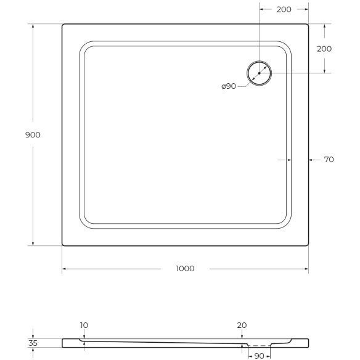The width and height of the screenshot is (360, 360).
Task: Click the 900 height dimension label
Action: [x=33, y=135]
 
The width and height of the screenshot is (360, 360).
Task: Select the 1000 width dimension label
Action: [x=185, y=268]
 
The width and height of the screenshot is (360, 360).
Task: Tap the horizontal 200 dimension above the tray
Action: [x=284, y=10]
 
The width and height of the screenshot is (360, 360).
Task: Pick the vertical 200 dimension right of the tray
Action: [x=324, y=49]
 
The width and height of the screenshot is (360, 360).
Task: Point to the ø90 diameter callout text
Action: [x=229, y=86]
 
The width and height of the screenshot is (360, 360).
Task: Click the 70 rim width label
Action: [x=329, y=160]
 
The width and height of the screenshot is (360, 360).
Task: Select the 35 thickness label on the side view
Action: [x=33, y=343]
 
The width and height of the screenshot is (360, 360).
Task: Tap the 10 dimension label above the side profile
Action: [x=84, y=325]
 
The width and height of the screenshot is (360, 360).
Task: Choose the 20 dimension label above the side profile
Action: [x=242, y=325]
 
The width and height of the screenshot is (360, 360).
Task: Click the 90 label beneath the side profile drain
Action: [x=260, y=356]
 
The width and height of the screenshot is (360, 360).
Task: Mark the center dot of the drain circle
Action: [x=260, y=73]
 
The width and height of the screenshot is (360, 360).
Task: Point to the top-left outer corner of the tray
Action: [x=63, y=24]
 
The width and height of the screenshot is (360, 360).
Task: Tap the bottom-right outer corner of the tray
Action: [x=308, y=245]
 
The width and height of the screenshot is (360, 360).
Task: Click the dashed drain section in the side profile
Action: [x=260, y=346]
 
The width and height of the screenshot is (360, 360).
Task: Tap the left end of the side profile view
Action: [x=63, y=343]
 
